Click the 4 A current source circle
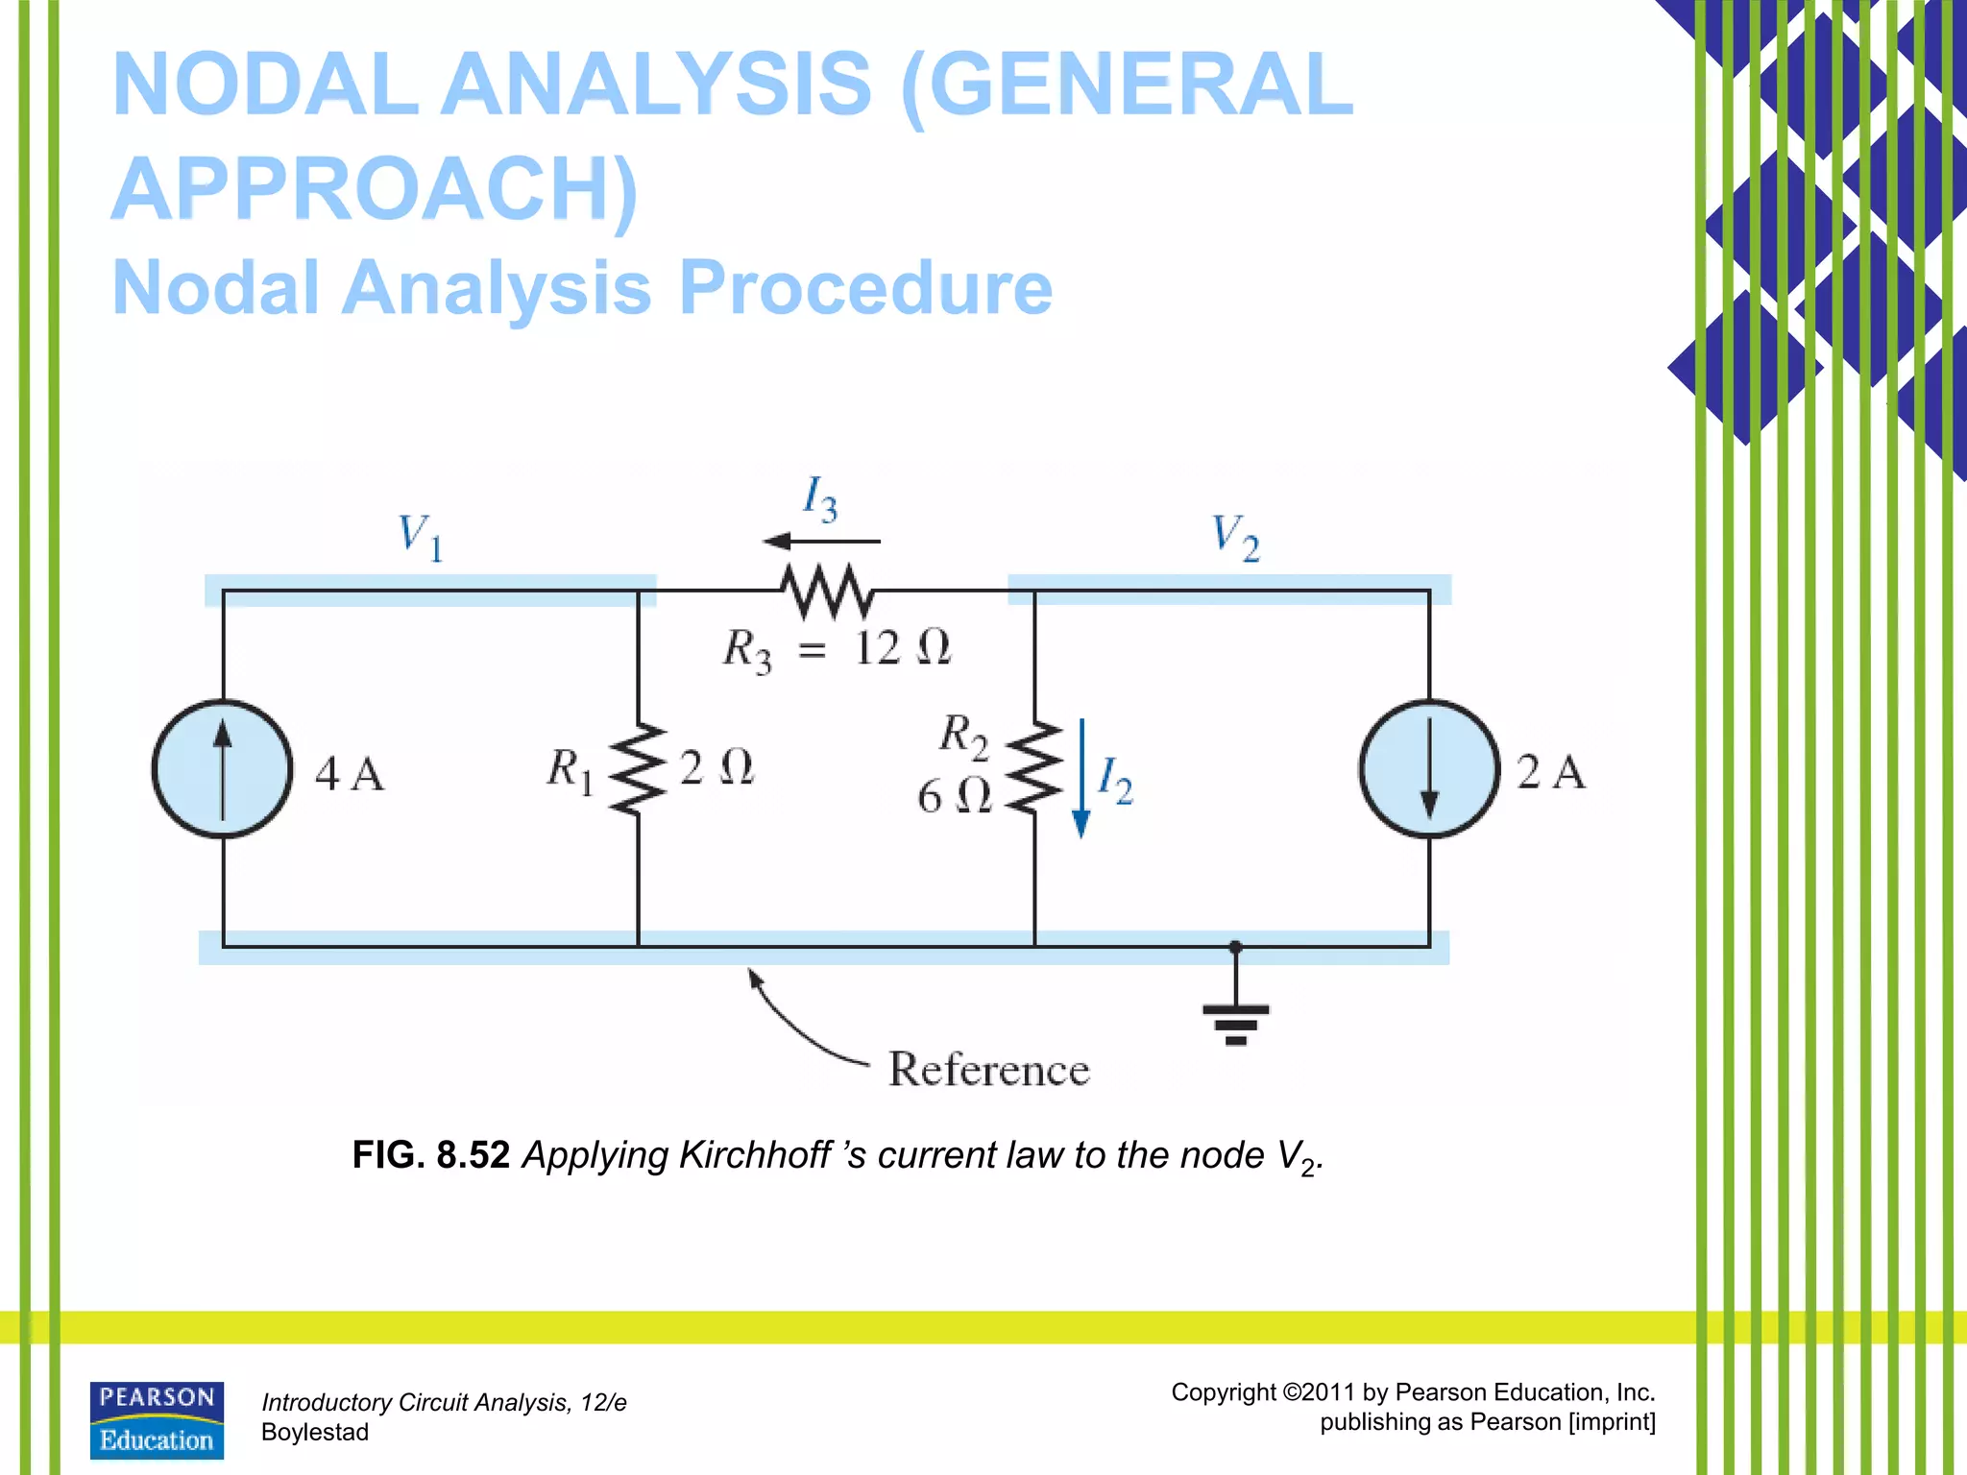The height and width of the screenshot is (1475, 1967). click(223, 769)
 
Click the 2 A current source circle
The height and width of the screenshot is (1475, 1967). click(1429, 769)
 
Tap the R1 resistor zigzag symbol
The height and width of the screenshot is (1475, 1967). click(638, 769)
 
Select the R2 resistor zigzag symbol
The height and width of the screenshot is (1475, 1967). click(1034, 769)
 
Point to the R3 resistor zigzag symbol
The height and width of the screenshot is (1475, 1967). click(827, 592)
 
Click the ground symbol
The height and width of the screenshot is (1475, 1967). click(1236, 1021)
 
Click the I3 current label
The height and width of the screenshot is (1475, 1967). click(819, 499)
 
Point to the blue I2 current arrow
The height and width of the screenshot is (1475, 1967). click(1081, 778)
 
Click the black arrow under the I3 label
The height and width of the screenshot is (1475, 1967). click(821, 542)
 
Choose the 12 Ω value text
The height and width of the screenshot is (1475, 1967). click(902, 647)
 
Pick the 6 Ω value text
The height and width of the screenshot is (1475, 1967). click(954, 796)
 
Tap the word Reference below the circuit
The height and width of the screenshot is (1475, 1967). click(989, 1070)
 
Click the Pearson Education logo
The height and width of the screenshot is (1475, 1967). click(157, 1420)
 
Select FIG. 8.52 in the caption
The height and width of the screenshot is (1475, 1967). click(430, 1155)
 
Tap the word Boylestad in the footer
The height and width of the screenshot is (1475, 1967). click(315, 1433)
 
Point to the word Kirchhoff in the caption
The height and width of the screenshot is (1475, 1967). click(754, 1155)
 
